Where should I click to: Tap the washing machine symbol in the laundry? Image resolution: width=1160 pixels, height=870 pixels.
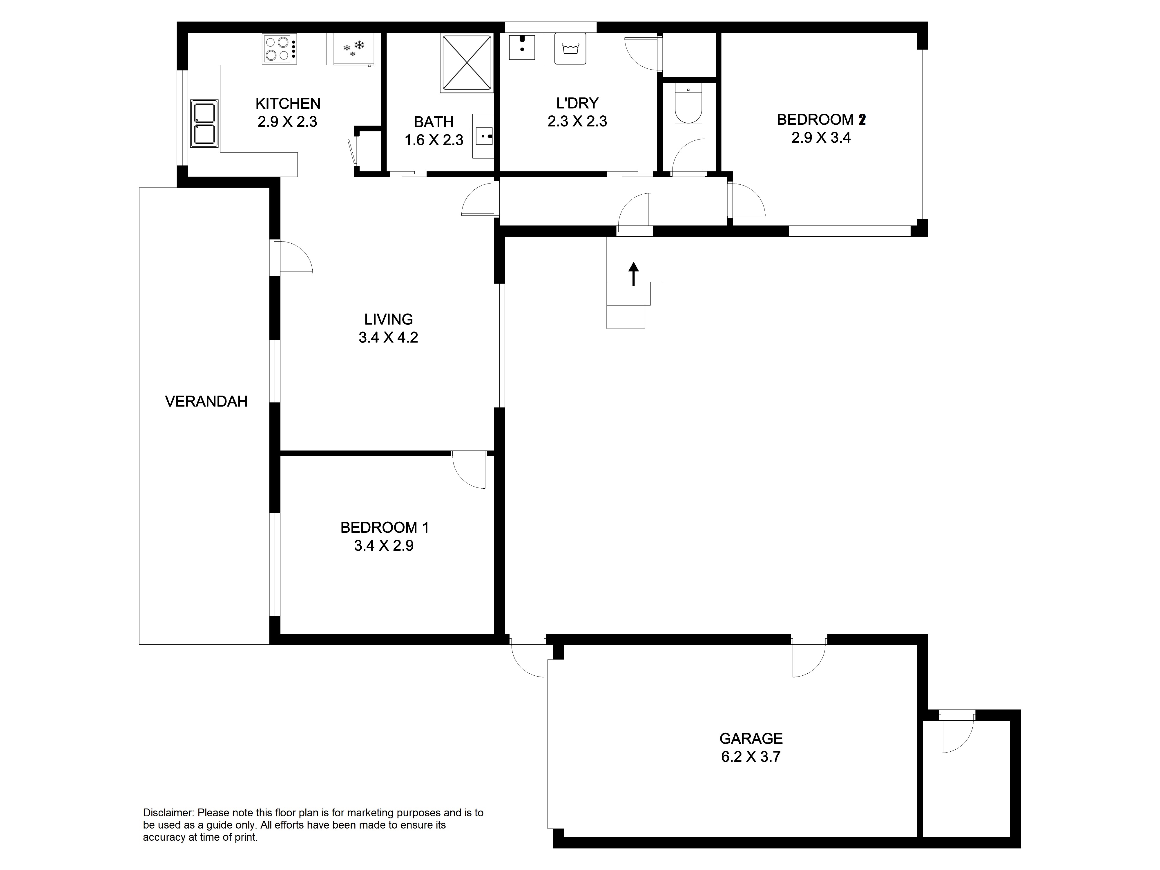coord(570,49)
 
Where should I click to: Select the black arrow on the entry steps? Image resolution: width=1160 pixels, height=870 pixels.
coord(633,274)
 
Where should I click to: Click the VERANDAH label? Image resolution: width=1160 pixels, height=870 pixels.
coord(206,402)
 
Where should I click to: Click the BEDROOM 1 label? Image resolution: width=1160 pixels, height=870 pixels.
coord(384,528)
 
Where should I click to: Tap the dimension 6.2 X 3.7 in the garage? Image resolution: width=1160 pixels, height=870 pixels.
coord(751,757)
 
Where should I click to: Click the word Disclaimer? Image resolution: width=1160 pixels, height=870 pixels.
coord(168,813)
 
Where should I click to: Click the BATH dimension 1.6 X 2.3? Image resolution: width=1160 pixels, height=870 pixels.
coord(434,140)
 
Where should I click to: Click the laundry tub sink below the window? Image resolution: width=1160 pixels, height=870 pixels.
coord(522,49)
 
